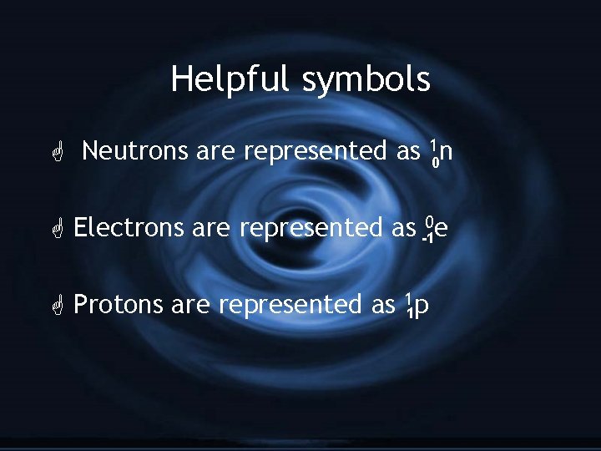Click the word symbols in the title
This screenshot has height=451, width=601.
(x=366, y=80)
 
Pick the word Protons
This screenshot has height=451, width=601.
(x=118, y=305)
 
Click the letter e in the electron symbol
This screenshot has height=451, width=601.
(x=440, y=228)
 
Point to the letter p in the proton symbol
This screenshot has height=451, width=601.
(x=422, y=307)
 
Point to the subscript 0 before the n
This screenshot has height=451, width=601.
(x=434, y=160)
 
